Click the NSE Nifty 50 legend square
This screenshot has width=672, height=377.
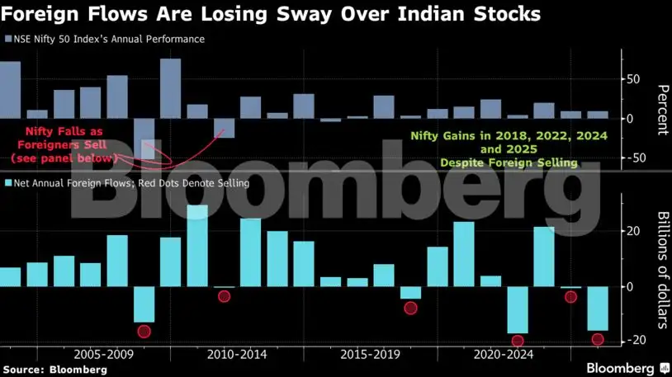click(8, 39)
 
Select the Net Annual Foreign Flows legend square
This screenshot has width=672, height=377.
click(8, 183)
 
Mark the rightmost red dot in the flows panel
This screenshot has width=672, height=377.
click(598, 339)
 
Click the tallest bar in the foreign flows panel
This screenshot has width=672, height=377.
click(197, 246)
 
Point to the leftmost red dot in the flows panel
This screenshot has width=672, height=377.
click(144, 332)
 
